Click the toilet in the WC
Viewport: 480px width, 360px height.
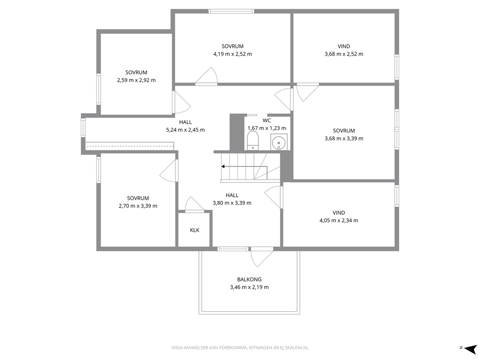[253, 141]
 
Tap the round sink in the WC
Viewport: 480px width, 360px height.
[279, 142]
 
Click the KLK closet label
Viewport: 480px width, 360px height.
[195, 230]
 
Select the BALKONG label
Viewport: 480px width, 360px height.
[249, 279]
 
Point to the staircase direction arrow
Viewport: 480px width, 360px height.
[244, 166]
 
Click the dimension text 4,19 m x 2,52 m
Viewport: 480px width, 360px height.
[233, 54]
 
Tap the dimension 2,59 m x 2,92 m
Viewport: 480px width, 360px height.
[136, 80]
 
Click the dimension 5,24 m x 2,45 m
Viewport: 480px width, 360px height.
[185, 130]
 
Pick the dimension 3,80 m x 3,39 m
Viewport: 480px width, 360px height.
[232, 203]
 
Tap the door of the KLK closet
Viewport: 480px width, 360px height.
[194, 205]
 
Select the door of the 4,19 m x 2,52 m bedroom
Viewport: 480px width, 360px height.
[207, 75]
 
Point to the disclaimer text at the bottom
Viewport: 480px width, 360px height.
[240, 348]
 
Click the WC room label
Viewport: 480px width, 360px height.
[267, 120]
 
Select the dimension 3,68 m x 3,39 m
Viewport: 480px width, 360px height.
[344, 138]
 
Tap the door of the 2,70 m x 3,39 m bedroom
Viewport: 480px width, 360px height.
[168, 171]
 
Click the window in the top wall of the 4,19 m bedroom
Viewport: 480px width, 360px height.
[231, 11]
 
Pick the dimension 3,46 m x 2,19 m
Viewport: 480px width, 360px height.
[249, 287]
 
